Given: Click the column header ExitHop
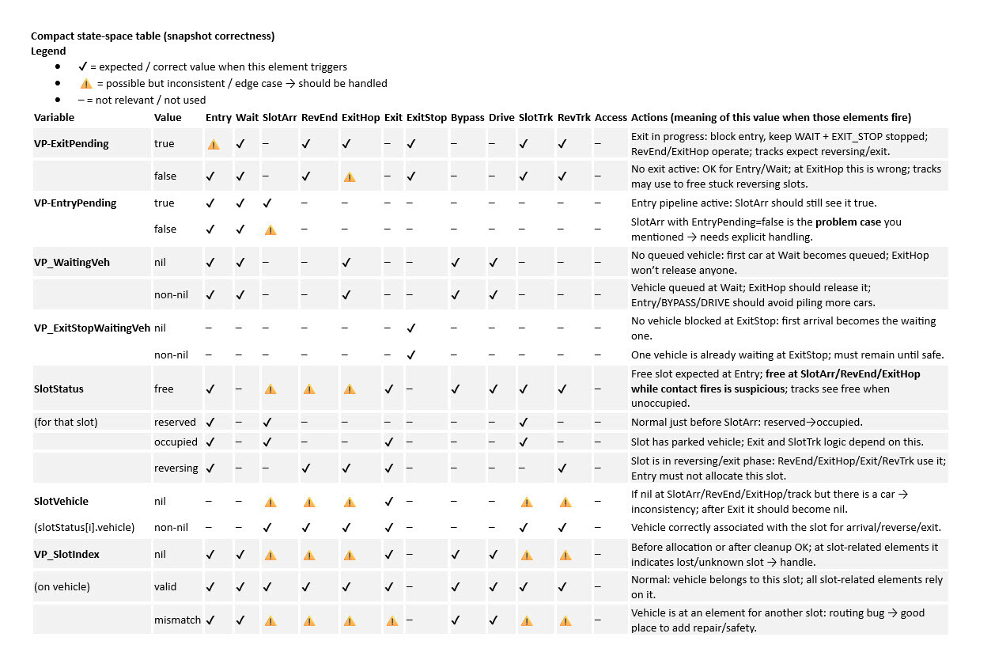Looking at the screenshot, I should (x=360, y=117).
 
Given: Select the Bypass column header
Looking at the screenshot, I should (x=467, y=117).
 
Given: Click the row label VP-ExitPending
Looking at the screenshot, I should (x=71, y=144).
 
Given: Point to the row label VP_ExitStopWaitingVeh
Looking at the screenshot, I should (x=92, y=328).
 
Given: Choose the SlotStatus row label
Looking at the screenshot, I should (x=59, y=389).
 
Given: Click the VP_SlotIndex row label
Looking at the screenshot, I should (x=66, y=554).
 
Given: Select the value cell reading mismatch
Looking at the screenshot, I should (x=177, y=620).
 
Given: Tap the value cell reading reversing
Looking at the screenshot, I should (x=176, y=468).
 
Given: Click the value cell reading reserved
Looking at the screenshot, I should (x=175, y=422).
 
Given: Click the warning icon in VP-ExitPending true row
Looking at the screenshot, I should (x=214, y=145).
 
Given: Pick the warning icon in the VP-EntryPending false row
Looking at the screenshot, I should (x=270, y=229).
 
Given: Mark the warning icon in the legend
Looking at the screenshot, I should (x=86, y=83).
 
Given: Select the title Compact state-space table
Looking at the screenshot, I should (x=153, y=36).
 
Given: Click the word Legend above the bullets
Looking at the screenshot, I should (x=48, y=51).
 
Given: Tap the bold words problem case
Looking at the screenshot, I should (x=853, y=222).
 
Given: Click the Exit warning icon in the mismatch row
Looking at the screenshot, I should (x=392, y=620).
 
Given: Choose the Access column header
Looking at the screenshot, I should (x=611, y=117).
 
